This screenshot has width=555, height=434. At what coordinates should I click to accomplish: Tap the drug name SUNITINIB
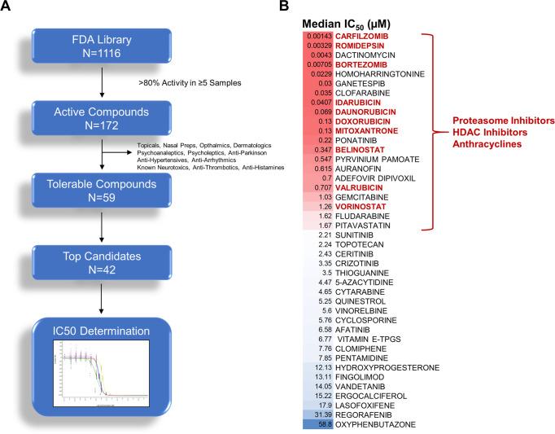click(354, 232)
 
